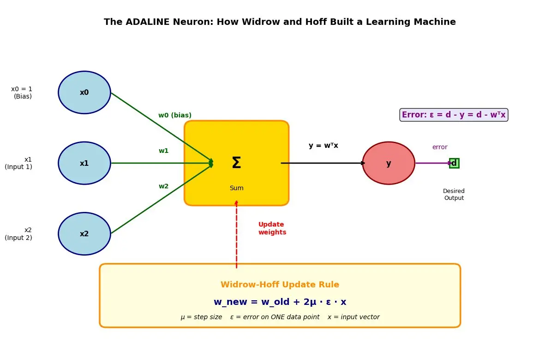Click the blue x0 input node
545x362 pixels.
tap(84, 93)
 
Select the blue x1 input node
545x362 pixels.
tap(84, 163)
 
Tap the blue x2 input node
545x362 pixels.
tap(84, 234)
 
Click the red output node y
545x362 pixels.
tap(389, 163)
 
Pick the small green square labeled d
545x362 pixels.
tap(454, 163)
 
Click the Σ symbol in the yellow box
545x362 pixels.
tap(236, 163)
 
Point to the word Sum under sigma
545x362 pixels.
tap(237, 188)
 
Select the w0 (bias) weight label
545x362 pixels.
tap(175, 115)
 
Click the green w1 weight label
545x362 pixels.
tap(164, 151)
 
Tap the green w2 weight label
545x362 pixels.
tap(164, 186)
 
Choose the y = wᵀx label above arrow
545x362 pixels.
tap(323, 145)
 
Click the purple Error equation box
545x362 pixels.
tap(454, 115)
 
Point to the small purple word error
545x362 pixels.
tap(440, 147)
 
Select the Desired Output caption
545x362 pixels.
tap(454, 194)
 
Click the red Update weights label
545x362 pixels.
tap(272, 228)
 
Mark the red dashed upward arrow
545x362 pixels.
tap(236, 234)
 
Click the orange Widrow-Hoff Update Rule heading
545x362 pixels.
tap(280, 285)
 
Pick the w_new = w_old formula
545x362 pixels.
tap(280, 302)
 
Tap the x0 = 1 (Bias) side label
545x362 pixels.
tap(22, 93)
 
